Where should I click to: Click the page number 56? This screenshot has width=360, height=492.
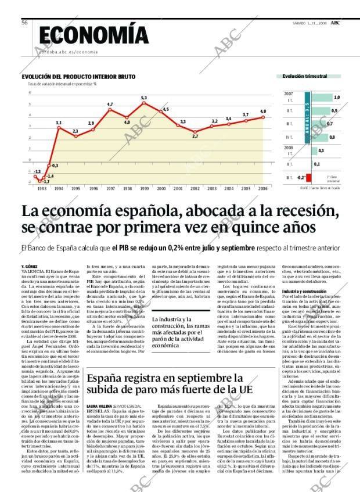tap(24, 23)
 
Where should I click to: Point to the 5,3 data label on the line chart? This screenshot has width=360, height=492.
tap(143, 98)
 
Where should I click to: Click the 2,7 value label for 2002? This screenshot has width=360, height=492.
tap(195, 136)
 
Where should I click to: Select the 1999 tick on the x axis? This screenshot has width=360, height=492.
tap(144, 188)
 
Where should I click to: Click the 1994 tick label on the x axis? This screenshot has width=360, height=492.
tap(59, 188)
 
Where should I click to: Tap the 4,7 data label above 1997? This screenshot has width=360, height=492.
tap(110, 104)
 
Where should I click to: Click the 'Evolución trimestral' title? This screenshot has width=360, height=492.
tap(305, 76)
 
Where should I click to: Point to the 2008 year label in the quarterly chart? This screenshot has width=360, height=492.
tap(288, 148)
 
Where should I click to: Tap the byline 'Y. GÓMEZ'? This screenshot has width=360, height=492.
tap(30, 267)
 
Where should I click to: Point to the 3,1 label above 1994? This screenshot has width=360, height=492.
tap(59, 123)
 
